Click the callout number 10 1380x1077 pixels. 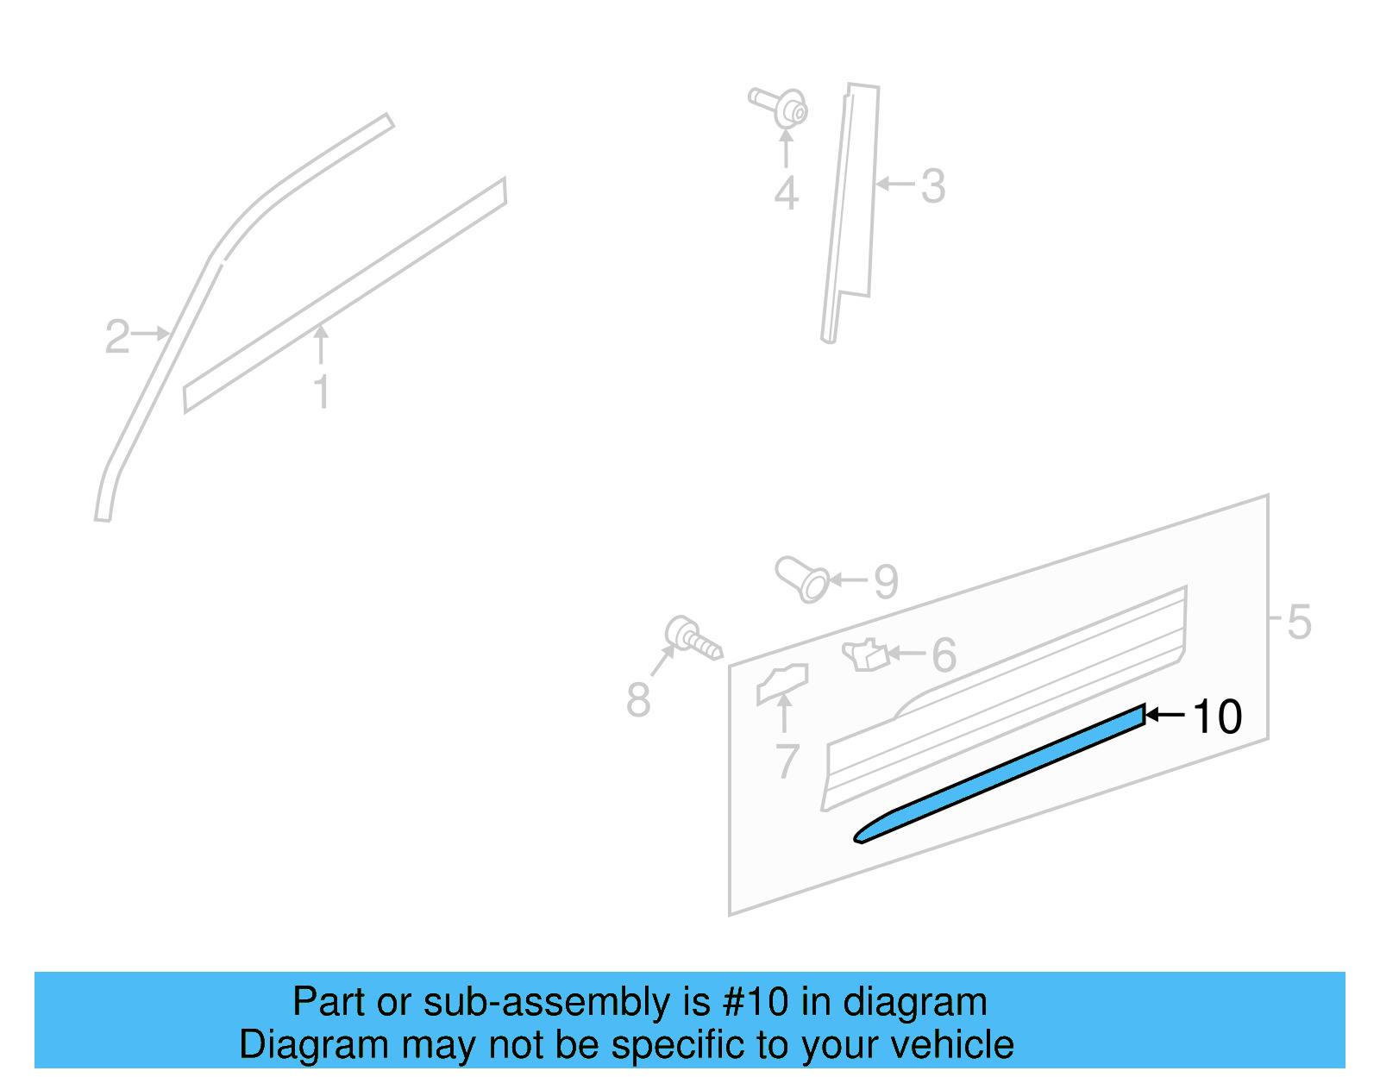[1217, 717]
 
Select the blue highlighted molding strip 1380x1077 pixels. [1000, 773]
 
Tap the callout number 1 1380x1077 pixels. [322, 392]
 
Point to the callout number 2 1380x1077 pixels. [117, 336]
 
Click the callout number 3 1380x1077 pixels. [933, 186]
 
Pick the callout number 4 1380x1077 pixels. [786, 193]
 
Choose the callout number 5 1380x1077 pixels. [1299, 622]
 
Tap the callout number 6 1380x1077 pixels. [944, 655]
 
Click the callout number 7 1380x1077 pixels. [787, 761]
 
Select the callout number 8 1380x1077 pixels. [638, 699]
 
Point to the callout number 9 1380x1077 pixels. [886, 582]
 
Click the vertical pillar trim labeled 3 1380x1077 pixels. [852, 207]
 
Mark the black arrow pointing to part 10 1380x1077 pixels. [1164, 715]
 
